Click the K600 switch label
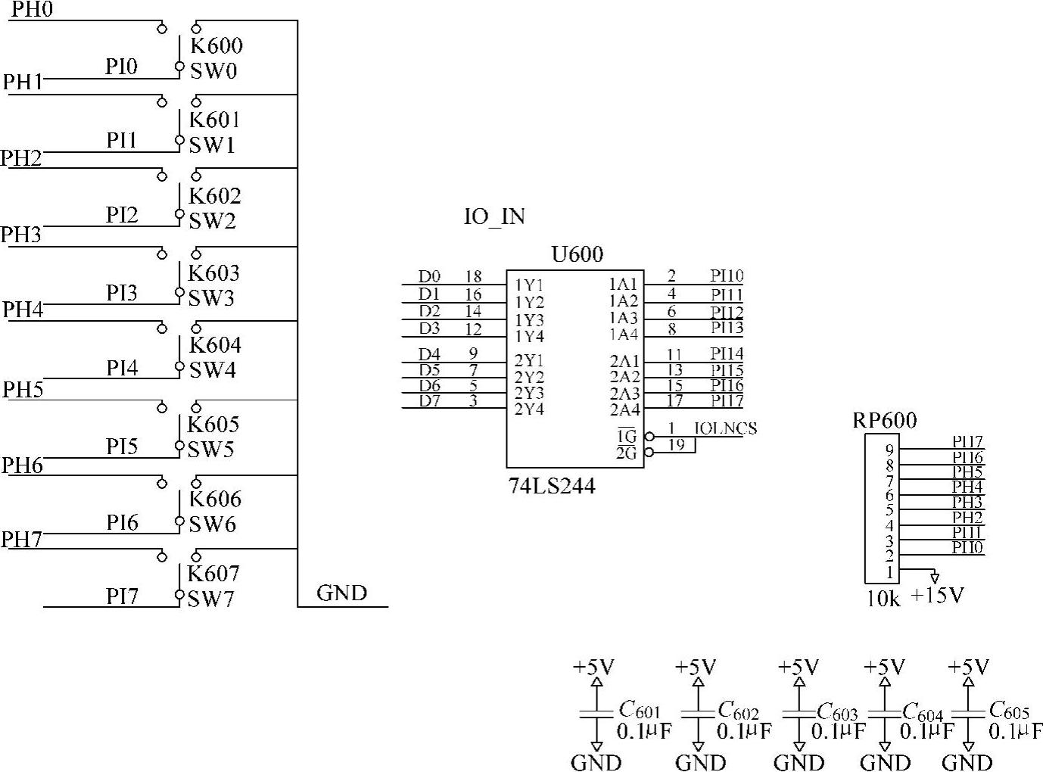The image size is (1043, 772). (x=216, y=45)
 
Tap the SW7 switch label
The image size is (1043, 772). (x=211, y=599)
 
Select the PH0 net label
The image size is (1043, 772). (x=32, y=11)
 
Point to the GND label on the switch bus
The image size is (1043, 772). (x=341, y=593)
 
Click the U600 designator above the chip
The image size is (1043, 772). (x=578, y=254)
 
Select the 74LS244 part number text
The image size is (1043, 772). (x=552, y=486)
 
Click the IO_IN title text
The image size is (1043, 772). (x=494, y=216)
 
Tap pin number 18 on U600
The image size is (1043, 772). (x=473, y=277)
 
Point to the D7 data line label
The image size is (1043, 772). (x=430, y=400)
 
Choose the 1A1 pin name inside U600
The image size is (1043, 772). (x=624, y=285)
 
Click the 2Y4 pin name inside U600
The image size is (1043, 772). (x=529, y=409)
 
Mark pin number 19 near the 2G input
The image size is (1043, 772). (x=676, y=445)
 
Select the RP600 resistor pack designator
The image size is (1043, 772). (x=884, y=420)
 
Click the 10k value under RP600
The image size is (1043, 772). (x=883, y=599)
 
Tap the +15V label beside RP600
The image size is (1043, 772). (x=937, y=596)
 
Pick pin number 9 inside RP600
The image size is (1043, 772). (x=889, y=450)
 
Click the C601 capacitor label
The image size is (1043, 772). (x=640, y=710)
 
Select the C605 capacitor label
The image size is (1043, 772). (x=1009, y=710)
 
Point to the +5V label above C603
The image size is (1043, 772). (x=799, y=667)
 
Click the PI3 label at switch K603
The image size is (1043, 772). (x=121, y=293)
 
